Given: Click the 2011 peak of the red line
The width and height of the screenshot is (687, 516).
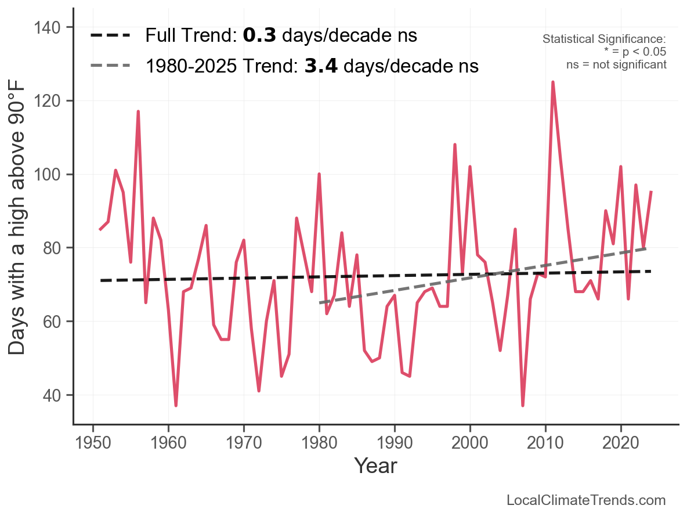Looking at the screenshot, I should pyautogui.click(x=552, y=82).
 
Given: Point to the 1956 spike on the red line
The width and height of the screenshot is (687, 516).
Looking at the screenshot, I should pyautogui.click(x=138, y=111).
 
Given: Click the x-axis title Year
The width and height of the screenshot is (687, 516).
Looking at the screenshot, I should pyautogui.click(x=375, y=466).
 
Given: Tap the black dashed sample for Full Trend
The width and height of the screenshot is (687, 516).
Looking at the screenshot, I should pyautogui.click(x=111, y=36).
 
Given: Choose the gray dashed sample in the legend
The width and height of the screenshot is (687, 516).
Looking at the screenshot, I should pyautogui.click(x=111, y=66).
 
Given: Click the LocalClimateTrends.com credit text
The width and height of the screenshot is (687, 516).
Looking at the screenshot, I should pyautogui.click(x=586, y=500).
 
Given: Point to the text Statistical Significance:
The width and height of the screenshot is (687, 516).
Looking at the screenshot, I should pyautogui.click(x=604, y=39).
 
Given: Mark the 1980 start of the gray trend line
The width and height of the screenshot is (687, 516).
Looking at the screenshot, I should pyautogui.click(x=320, y=303).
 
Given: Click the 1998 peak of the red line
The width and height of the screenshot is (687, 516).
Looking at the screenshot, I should pyautogui.click(x=455, y=145).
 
